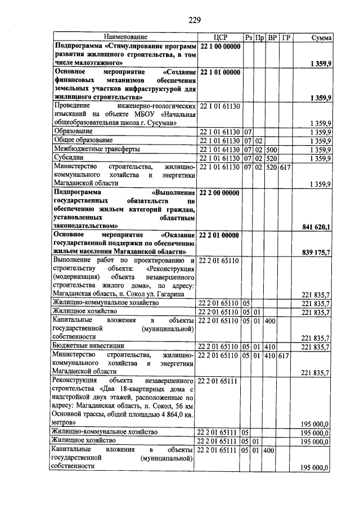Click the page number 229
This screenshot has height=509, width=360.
click(x=195, y=21)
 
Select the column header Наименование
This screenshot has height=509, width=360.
click(x=124, y=37)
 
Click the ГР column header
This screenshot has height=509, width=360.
click(x=286, y=37)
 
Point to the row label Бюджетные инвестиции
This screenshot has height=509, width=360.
click(x=87, y=346)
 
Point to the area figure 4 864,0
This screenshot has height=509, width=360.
click(x=169, y=413)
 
